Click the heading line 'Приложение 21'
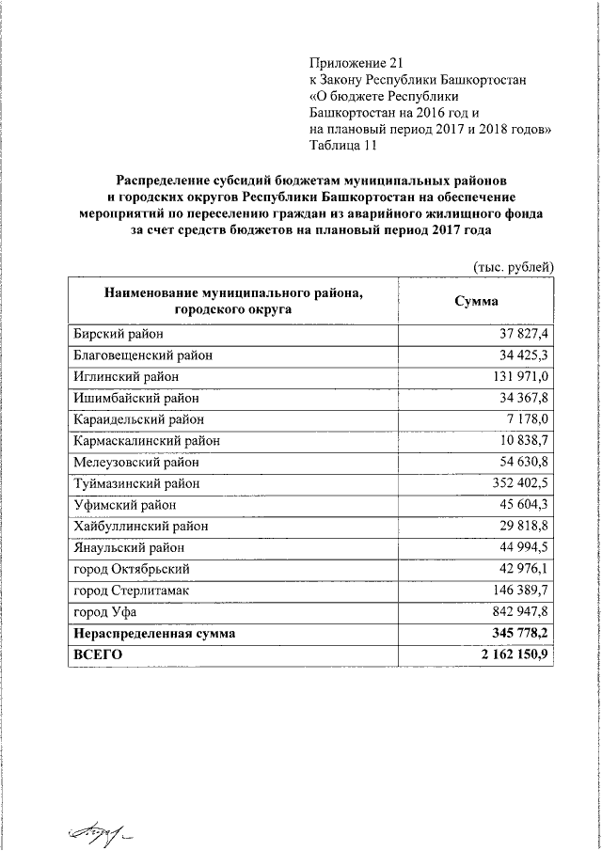(349, 63)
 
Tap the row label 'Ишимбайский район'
(133, 398)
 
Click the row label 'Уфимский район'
(120, 505)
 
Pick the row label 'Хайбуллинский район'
(139, 527)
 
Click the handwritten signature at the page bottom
(95, 828)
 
